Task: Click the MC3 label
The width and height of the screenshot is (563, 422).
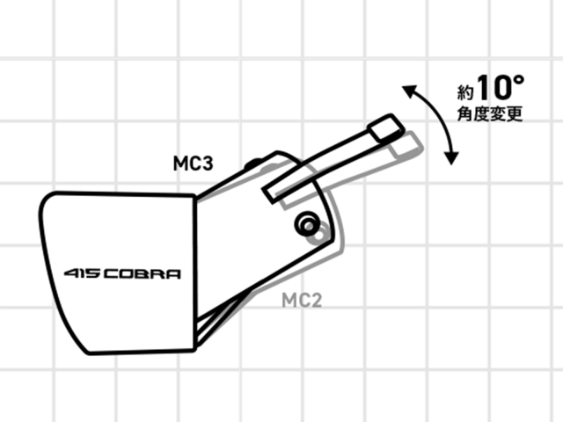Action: pyautogui.click(x=194, y=164)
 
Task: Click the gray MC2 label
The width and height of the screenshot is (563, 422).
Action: pyautogui.click(x=302, y=300)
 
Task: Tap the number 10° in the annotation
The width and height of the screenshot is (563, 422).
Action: pyautogui.click(x=501, y=87)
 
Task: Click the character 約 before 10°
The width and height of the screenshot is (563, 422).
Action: pyautogui.click(x=465, y=92)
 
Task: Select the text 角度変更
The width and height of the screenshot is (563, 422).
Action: pyautogui.click(x=490, y=113)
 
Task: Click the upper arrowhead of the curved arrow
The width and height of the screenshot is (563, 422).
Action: pyautogui.click(x=408, y=91)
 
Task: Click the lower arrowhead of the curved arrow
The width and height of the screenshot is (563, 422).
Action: pyautogui.click(x=451, y=158)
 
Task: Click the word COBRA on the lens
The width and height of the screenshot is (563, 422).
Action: pyautogui.click(x=142, y=274)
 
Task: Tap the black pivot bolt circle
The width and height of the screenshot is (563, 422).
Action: pyautogui.click(x=307, y=224)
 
